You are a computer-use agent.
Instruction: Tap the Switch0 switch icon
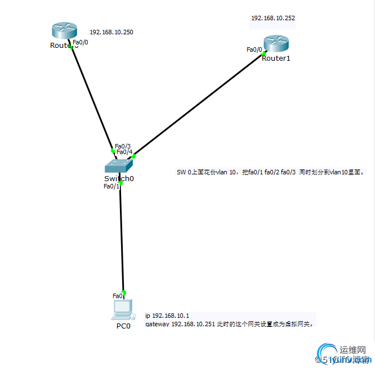tap(118, 165)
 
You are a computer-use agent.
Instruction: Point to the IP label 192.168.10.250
tap(111, 32)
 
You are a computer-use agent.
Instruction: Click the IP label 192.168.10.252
tap(273, 18)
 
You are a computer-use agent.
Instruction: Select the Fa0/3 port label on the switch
tap(123, 146)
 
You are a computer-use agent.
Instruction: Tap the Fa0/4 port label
tap(124, 152)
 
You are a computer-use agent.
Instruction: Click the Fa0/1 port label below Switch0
tap(111, 186)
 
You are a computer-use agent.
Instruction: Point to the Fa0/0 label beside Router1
tap(254, 49)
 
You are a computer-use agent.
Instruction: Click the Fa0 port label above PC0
tap(117, 296)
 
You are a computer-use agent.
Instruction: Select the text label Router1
tap(276, 58)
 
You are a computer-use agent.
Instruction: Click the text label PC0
tap(123, 326)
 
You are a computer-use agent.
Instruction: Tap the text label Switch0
tap(119, 178)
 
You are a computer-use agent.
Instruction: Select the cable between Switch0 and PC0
tap(122, 236)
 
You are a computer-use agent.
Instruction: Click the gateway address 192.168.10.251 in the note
tap(193, 324)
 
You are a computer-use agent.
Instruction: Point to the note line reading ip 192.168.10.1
tap(167, 316)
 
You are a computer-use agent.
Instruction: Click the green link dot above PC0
tap(124, 292)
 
